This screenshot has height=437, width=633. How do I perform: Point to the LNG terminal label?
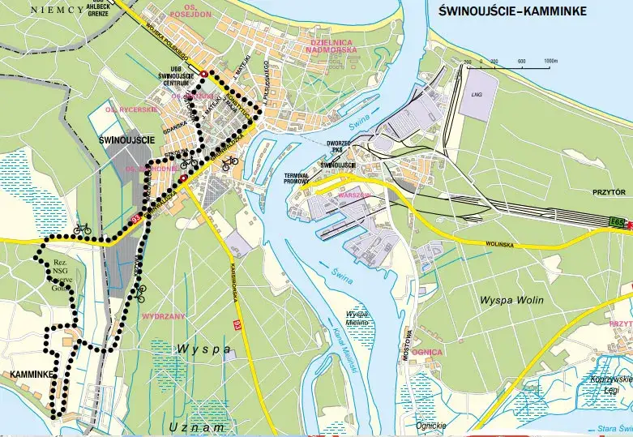475,95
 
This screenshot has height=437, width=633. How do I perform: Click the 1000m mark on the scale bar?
550,62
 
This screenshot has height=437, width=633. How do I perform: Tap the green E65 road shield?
618,221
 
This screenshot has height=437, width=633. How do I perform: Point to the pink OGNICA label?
427,353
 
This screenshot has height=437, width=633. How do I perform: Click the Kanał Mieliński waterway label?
344,348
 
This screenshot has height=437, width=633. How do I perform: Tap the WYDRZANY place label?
163,316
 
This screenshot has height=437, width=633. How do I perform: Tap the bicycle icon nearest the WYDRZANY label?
140,289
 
